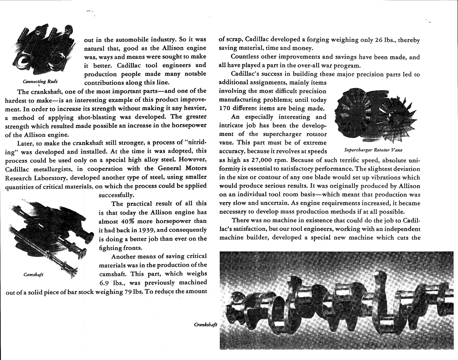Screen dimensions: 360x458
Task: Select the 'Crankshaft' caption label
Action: click(206, 325)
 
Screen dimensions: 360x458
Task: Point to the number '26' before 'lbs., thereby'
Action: click(379, 40)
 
